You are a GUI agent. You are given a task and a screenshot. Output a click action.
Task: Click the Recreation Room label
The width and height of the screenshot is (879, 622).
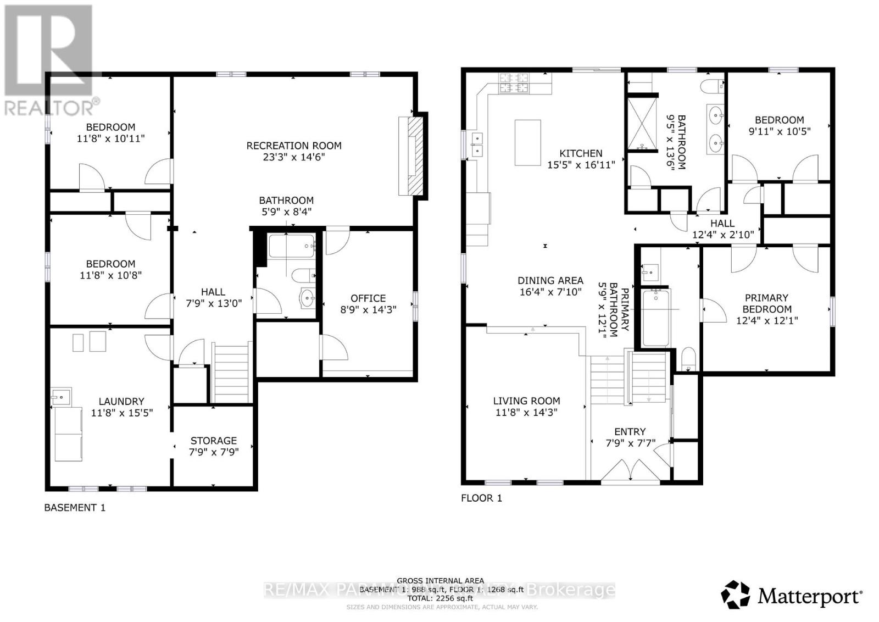coord(293,146)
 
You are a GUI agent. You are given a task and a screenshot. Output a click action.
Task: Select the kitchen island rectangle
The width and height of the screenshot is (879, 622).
coord(527,142)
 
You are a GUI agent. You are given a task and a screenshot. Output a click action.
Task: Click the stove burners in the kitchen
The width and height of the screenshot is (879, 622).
coord(514,82)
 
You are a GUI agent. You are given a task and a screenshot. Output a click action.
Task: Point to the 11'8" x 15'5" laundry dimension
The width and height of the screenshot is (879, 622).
coord(121,413)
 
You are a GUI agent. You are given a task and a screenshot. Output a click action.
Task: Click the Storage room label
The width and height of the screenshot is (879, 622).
coord(213,441)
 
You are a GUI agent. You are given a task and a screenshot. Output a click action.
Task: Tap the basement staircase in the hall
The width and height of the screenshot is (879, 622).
coord(231,374)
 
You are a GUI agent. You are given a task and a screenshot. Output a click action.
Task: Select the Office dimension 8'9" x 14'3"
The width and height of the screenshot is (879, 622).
coord(368,310)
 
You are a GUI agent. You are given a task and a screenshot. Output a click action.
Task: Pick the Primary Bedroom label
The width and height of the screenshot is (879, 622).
coord(766,303)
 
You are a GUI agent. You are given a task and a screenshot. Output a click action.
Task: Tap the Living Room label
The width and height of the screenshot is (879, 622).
coord(526,401)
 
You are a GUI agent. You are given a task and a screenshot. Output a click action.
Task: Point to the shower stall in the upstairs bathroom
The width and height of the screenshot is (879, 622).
coord(642,124)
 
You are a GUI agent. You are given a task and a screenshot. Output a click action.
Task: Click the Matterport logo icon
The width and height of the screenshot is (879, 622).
coord(735,595)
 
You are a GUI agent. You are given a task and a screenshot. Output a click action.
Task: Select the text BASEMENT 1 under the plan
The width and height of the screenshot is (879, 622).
coord(74,508)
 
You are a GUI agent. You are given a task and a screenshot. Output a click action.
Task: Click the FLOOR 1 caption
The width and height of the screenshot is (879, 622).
coord(481,498)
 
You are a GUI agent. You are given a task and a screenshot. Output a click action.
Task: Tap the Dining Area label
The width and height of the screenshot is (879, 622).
coord(550,281)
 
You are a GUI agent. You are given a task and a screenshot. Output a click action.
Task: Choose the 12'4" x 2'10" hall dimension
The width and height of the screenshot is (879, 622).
coord(722,235)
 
